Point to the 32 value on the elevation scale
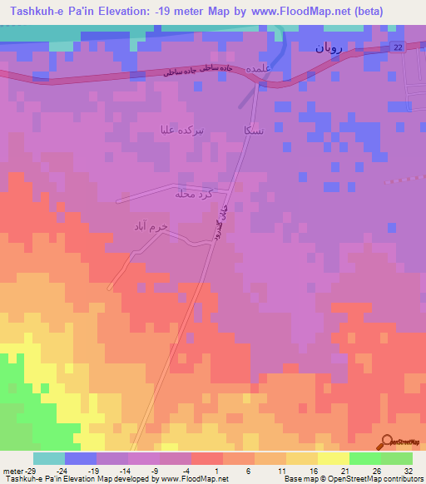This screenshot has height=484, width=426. pos(406,469)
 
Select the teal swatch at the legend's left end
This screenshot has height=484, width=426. pos(49,458)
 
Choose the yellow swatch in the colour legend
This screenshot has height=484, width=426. pos(333,458)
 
